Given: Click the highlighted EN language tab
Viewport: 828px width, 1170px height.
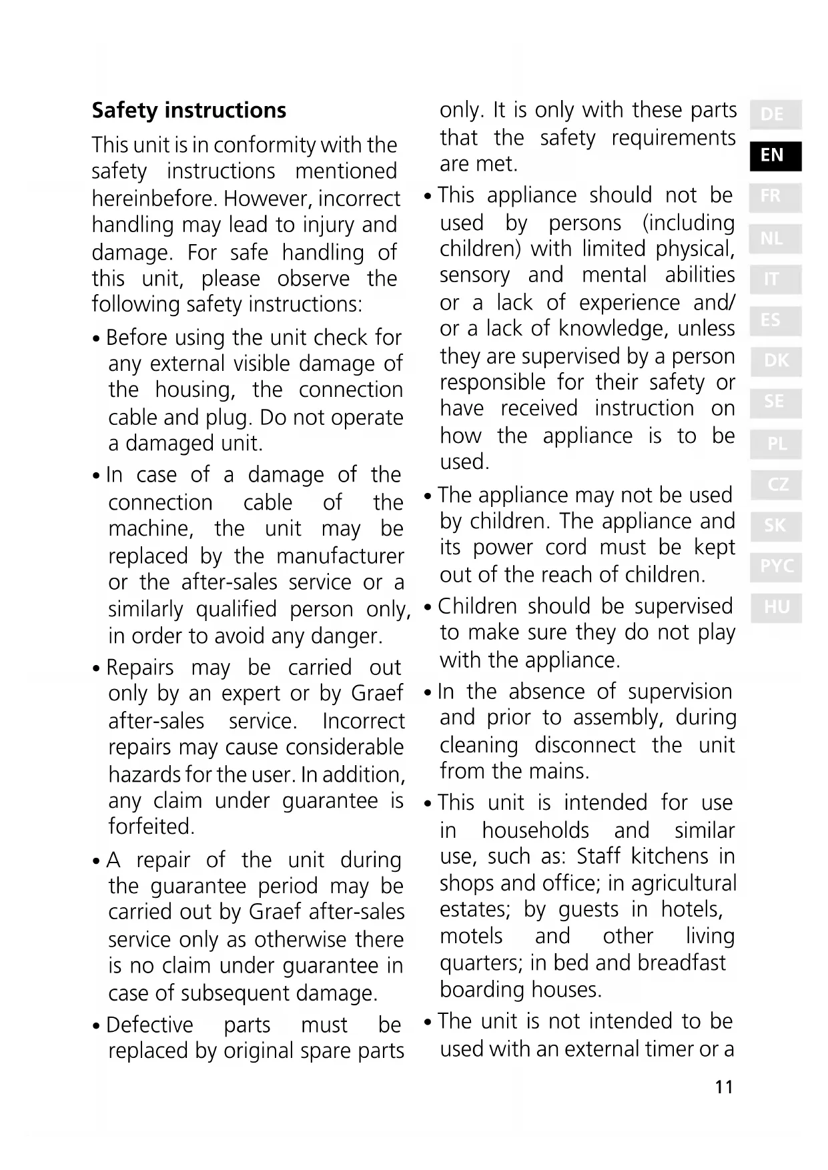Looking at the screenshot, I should (x=774, y=155).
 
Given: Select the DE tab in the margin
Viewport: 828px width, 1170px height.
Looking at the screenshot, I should (x=774, y=114).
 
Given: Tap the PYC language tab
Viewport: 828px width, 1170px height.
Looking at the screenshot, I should (x=776, y=566).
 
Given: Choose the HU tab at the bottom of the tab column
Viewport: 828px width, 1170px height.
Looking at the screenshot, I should (x=776, y=607).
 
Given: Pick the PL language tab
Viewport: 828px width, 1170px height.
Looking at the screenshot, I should (x=776, y=443).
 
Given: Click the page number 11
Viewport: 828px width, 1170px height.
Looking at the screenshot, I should (x=724, y=1087).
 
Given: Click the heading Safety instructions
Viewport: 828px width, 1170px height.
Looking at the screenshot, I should (x=189, y=110).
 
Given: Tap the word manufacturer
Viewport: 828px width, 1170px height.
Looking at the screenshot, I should (x=340, y=556).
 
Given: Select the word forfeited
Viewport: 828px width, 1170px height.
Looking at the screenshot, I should (x=151, y=826).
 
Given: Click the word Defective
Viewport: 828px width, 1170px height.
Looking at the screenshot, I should (x=149, y=1025).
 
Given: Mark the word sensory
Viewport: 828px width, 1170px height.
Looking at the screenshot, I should (x=474, y=275).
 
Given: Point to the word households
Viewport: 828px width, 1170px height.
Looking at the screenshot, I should (x=535, y=830).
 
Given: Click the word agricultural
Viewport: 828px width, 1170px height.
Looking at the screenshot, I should (x=683, y=883).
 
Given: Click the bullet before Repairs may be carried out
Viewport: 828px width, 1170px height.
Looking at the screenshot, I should (x=97, y=668).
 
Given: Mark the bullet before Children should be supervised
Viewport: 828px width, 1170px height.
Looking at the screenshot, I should (x=428, y=608).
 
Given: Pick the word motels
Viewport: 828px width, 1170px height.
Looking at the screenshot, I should (x=471, y=936).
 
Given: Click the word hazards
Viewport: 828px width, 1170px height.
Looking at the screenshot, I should (x=144, y=774).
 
